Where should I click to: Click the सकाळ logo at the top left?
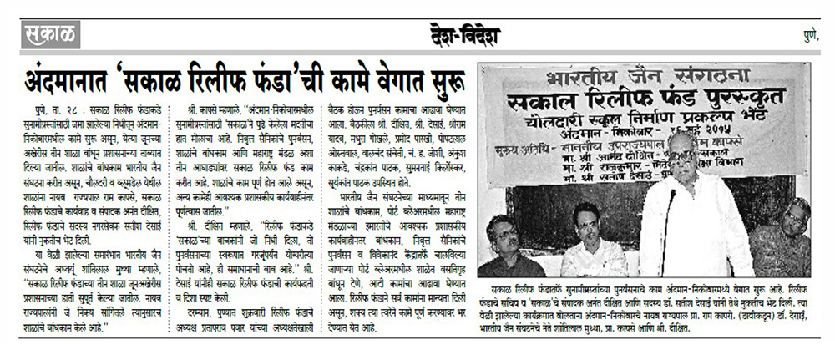point(49,35)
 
